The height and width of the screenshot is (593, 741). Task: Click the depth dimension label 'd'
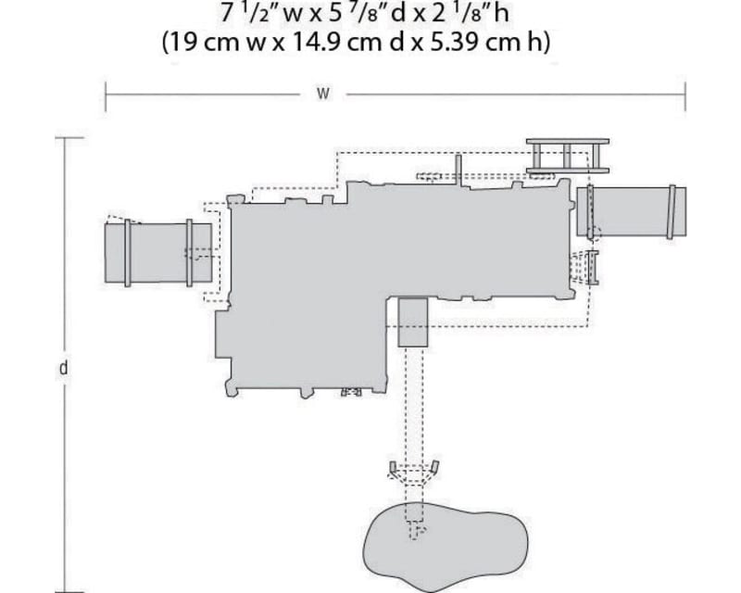coord(63,368)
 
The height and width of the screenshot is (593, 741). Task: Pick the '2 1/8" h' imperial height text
coord(477,15)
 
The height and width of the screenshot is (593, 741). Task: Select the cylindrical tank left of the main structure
coord(157,253)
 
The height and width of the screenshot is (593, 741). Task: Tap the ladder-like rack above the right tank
coord(567,155)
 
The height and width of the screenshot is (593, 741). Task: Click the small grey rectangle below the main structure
coord(412,322)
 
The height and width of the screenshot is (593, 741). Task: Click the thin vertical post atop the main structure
coord(458,169)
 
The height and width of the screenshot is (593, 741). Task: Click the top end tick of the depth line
coord(63,138)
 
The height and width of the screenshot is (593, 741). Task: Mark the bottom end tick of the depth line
coord(63,589)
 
